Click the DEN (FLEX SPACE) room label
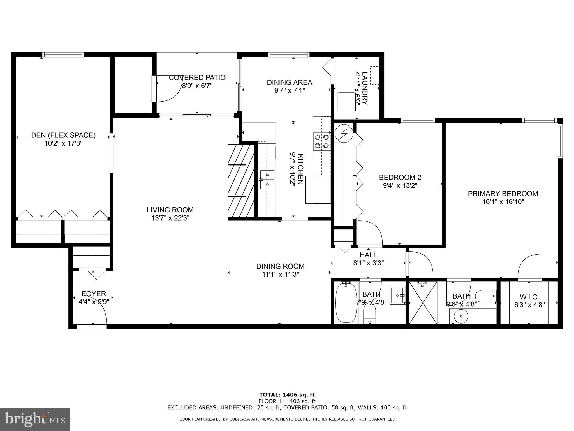pyautogui.click(x=63, y=135)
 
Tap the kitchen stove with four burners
pyautogui.click(x=322, y=141)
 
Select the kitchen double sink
pyautogui.click(x=267, y=180)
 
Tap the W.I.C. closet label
pyautogui.click(x=529, y=297)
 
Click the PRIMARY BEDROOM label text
pyautogui.click(x=503, y=194)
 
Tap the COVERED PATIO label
pyautogui.click(x=197, y=77)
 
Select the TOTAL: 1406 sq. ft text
pyautogui.click(x=287, y=395)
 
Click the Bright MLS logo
pyautogui.click(x=35, y=419)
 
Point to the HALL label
pyautogui.click(x=368, y=255)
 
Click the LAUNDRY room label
pyautogui.click(x=365, y=88)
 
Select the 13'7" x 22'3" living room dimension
pyautogui.click(x=170, y=218)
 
